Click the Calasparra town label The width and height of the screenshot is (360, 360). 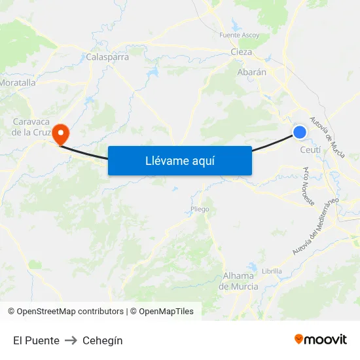click(x=107, y=57)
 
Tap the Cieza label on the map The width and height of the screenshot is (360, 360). click(x=242, y=52)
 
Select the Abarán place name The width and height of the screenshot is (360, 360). click(x=252, y=72)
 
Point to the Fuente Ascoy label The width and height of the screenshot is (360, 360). click(x=240, y=35)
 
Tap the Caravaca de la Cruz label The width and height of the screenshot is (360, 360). click(x=31, y=127)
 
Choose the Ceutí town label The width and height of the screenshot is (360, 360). click(x=310, y=150)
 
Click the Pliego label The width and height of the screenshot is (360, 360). click(x=200, y=209)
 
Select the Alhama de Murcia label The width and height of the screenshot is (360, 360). click(x=238, y=281)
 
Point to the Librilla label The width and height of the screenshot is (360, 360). click(x=272, y=271)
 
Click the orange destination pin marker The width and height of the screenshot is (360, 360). click(x=61, y=134)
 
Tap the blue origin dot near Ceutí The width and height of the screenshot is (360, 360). click(x=300, y=132)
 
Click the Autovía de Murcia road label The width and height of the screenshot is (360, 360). click(x=327, y=136)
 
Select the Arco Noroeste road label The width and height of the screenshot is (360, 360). click(x=308, y=185)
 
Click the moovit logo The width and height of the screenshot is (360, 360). click(x=321, y=339)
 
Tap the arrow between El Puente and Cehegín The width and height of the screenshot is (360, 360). click(x=71, y=340)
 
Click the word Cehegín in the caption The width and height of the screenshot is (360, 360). click(x=102, y=340)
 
